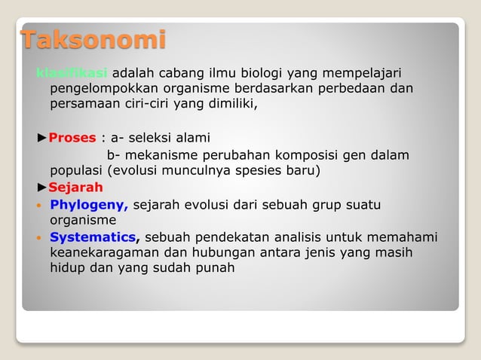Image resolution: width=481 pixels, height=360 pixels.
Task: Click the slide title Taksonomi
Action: (x=93, y=39)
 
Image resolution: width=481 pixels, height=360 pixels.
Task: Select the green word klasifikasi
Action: (x=72, y=73)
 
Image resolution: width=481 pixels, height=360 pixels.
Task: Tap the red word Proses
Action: (x=72, y=137)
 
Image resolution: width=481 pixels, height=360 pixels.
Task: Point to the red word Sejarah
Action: (x=75, y=187)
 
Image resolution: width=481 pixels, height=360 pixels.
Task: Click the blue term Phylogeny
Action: (x=89, y=204)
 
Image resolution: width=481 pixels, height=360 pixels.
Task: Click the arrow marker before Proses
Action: (x=42, y=137)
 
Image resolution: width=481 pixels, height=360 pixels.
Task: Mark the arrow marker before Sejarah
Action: (x=42, y=187)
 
